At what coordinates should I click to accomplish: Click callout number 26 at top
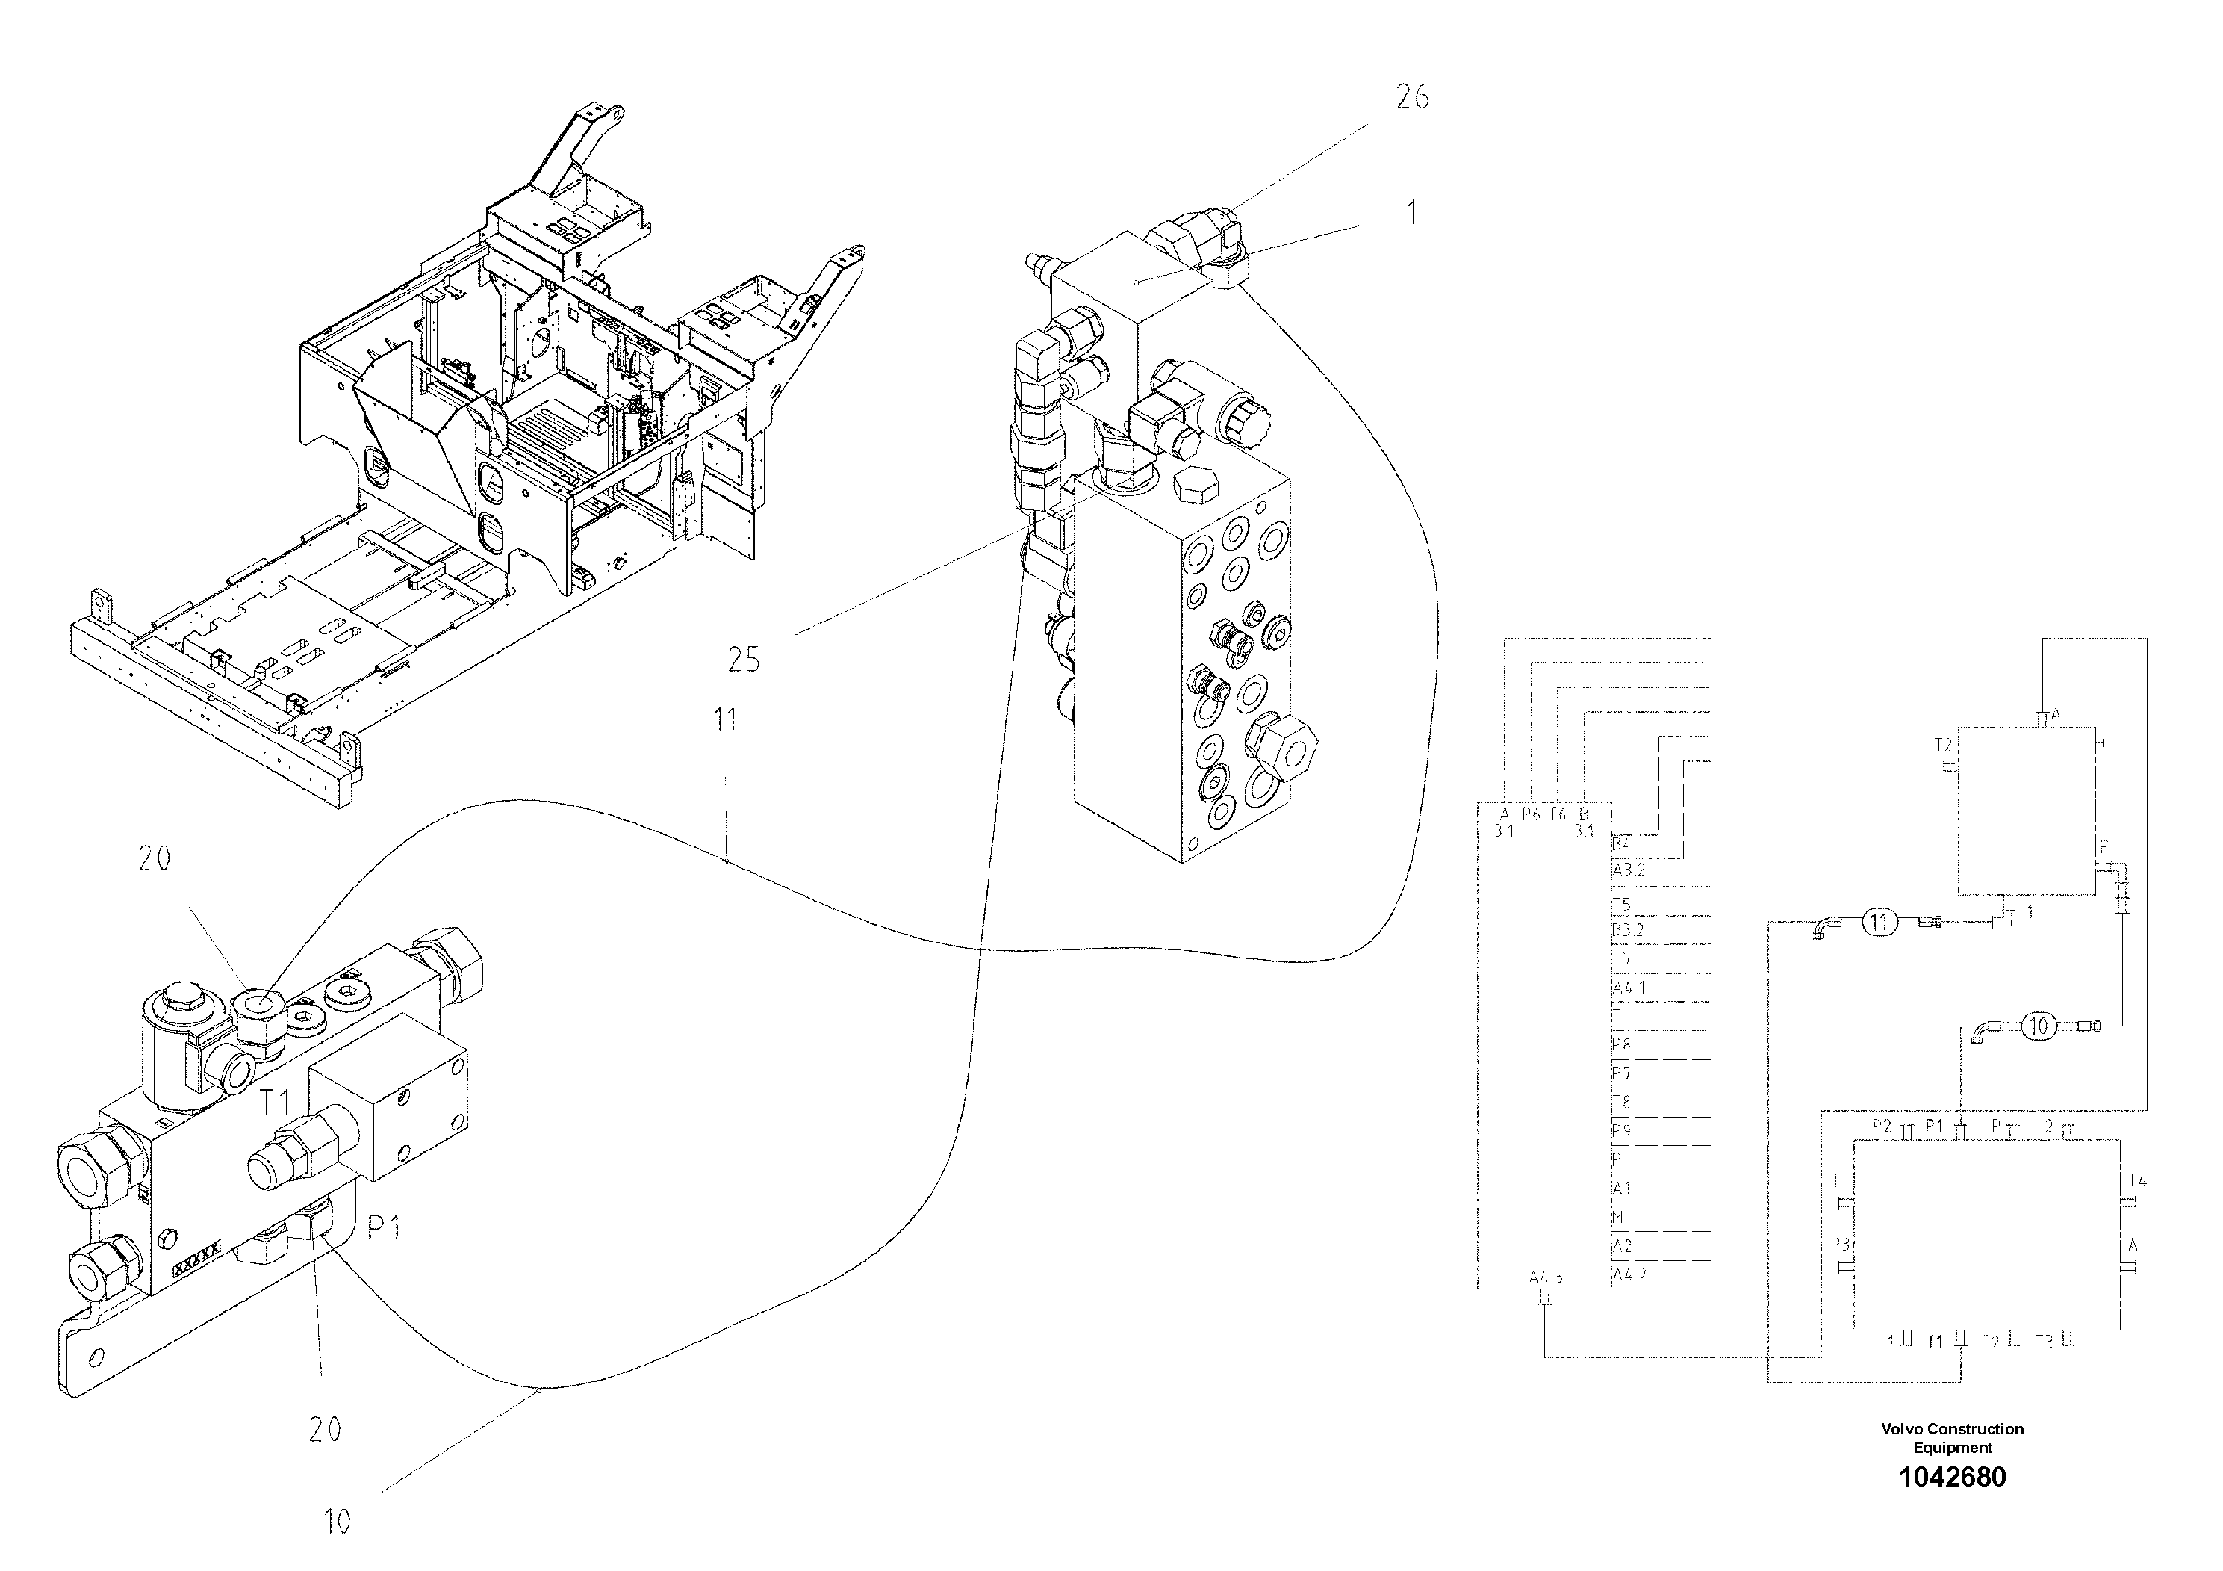1411,97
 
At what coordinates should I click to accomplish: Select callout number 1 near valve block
1411,212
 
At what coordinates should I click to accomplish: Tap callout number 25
744,660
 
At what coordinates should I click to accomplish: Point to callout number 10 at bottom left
336,1522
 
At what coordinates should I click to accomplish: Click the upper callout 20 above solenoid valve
154,858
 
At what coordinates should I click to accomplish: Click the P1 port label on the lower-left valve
383,1228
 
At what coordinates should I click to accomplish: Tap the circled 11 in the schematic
1878,922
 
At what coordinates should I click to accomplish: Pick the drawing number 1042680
1952,1477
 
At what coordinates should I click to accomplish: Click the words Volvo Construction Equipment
1952,1438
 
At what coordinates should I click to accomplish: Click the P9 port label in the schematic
1621,1130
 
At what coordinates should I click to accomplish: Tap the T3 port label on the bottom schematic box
2043,1342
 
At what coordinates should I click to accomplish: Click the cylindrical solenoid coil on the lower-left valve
174,1051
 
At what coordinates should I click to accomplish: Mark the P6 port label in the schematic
1530,814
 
